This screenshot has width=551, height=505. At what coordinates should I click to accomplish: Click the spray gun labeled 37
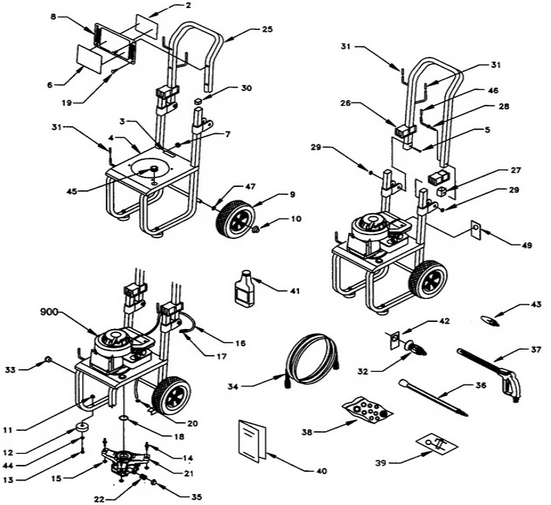point(491,365)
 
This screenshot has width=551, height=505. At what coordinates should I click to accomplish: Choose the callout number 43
point(535,305)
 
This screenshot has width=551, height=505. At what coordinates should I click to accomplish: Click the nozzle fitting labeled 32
point(415,346)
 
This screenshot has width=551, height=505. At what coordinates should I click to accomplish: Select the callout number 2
point(187,6)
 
